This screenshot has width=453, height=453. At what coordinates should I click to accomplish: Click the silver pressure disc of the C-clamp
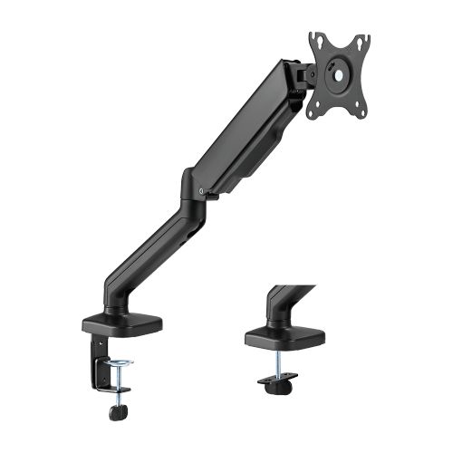pos(119,363)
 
